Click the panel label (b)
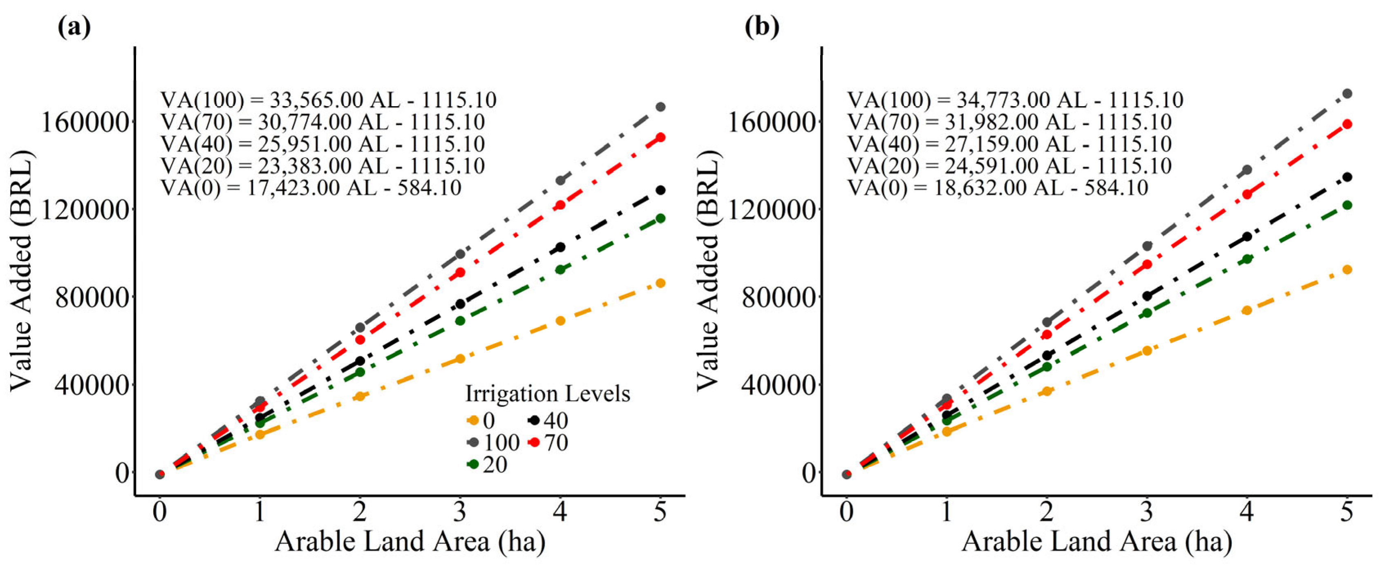point(761,26)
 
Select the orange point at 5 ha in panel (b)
point(1347,269)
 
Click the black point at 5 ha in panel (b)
point(1347,177)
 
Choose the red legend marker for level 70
point(534,443)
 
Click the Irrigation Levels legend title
point(547,394)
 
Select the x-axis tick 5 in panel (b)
point(1347,512)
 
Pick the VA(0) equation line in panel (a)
point(311,188)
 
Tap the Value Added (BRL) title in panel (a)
point(22,271)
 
